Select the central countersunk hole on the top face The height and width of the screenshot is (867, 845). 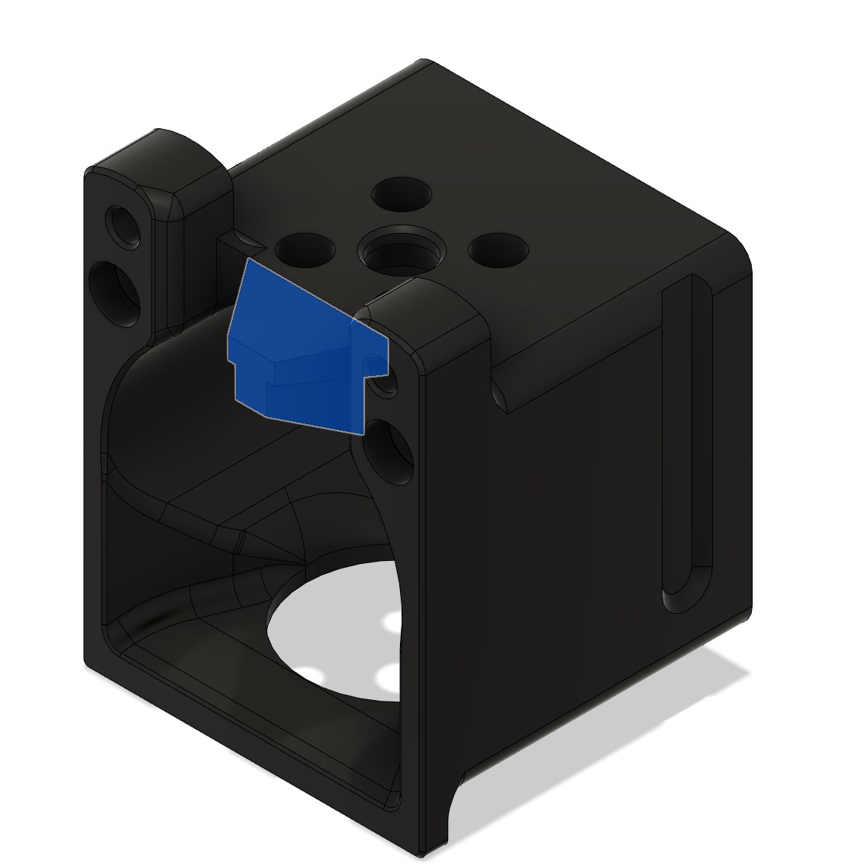click(x=402, y=251)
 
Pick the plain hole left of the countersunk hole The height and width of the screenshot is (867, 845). click(x=304, y=250)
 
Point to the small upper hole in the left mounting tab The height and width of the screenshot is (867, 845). click(x=123, y=225)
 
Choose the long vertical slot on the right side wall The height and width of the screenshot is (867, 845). click(x=687, y=435)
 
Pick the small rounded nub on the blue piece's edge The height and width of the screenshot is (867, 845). click(x=373, y=364)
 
